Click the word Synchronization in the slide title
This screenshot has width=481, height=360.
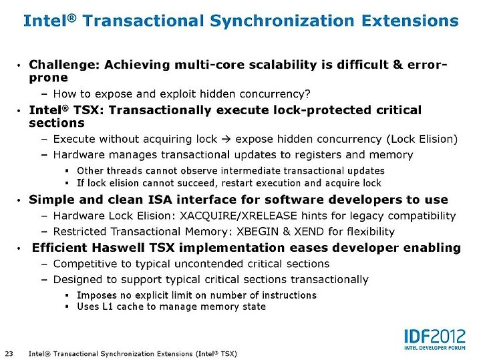(x=282, y=21)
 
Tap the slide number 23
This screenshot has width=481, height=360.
(x=9, y=353)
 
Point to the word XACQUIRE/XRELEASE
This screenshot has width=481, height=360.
(x=238, y=216)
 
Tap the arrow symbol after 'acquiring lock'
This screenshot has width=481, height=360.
(x=226, y=139)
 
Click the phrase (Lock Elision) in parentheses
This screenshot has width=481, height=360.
(x=422, y=139)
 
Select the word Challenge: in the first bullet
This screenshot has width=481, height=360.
(x=64, y=65)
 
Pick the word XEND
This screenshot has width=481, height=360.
(x=309, y=231)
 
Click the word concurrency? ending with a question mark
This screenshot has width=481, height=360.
(x=275, y=94)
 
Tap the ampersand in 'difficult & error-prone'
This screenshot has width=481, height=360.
(x=397, y=65)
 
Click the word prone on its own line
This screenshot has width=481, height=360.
(x=49, y=78)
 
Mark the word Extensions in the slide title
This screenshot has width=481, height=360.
(x=410, y=21)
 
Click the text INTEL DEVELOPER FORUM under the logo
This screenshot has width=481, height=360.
(x=435, y=348)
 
